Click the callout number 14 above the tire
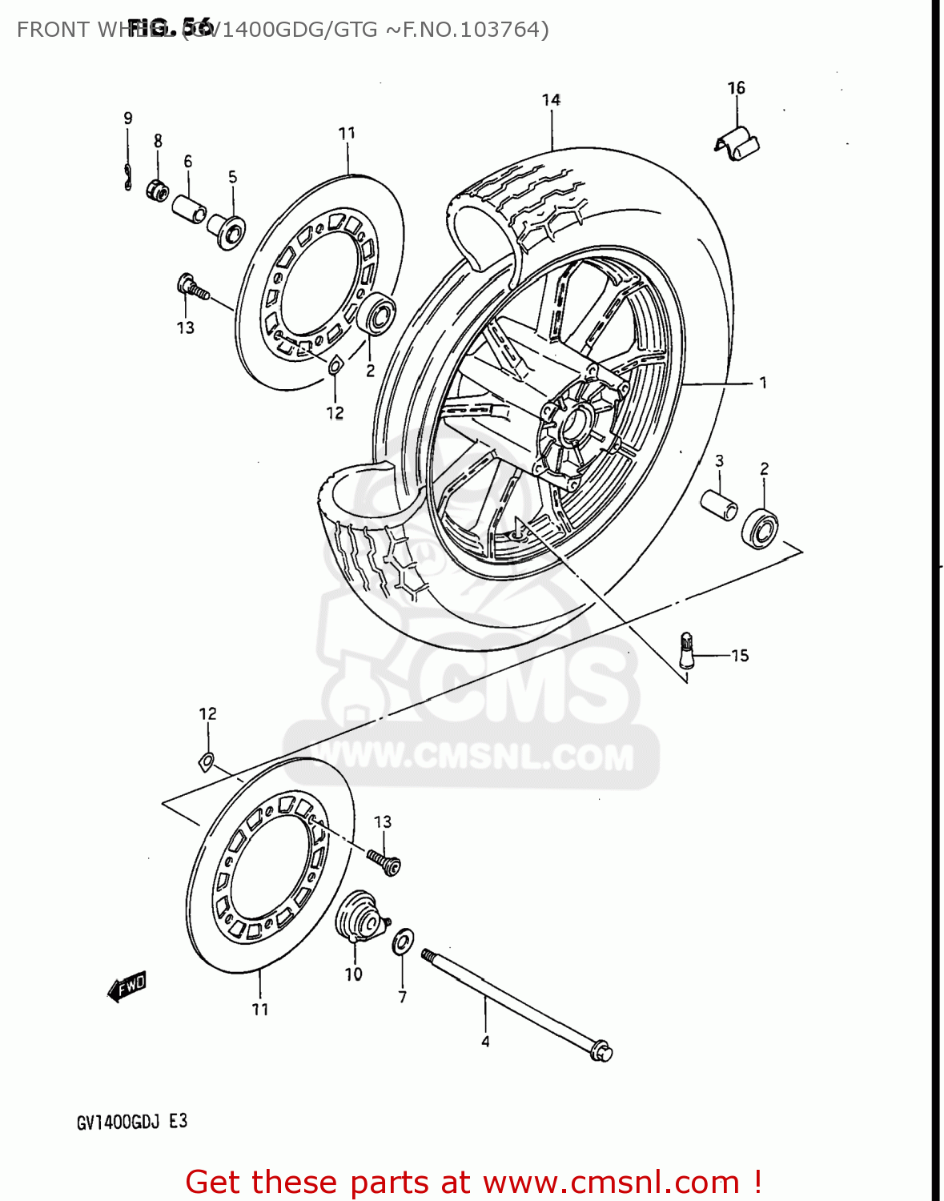[x=551, y=100]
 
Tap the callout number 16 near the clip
[x=736, y=88]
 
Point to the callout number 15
[x=740, y=656]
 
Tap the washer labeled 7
[x=403, y=942]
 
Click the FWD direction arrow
[x=127, y=986]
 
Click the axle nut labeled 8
[x=157, y=191]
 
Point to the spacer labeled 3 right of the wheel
[x=719, y=506]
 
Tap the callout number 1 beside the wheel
[x=763, y=383]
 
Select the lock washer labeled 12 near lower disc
[x=207, y=761]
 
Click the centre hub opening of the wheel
[x=573, y=424]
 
